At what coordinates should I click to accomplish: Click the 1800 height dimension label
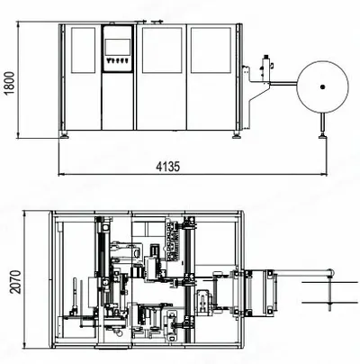[10, 83]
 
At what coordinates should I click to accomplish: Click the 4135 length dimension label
[168, 167]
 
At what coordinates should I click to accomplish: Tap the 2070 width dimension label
[15, 282]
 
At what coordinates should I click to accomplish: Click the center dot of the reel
[322, 87]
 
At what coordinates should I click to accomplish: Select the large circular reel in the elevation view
[322, 61]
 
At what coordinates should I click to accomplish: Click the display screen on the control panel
[117, 47]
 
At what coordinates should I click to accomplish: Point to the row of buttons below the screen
[117, 60]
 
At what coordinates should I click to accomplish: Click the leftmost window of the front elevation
[83, 50]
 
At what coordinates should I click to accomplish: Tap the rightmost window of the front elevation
[211, 50]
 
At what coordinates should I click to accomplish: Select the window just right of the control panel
[162, 50]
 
